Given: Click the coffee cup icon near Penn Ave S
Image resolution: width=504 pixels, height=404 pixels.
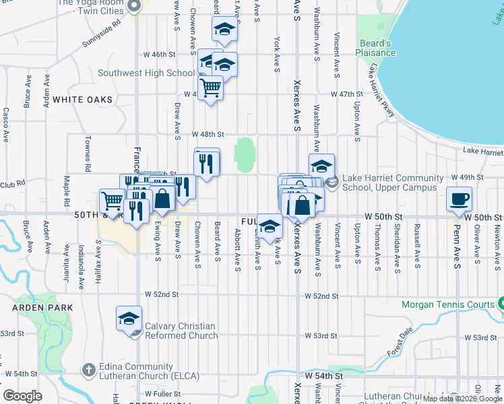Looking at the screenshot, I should coord(459,199).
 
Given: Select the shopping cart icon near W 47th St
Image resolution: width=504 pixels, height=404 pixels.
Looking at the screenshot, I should coord(211,88).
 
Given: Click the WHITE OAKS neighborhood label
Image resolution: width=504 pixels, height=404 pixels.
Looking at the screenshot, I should coord(82,100).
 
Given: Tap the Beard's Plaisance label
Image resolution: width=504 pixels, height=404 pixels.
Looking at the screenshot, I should coord(376,48).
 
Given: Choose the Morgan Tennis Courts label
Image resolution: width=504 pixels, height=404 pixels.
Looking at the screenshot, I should coord(448,304).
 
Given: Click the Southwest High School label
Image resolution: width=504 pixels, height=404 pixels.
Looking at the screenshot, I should coord(146,73).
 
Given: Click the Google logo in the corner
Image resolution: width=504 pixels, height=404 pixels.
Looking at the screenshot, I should coord(22,396).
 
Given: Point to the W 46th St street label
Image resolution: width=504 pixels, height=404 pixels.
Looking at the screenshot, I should coord(160,53).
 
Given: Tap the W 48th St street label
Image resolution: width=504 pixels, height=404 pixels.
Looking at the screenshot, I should coord(208,134).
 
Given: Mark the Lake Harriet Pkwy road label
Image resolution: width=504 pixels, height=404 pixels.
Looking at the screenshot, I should coord(381,87).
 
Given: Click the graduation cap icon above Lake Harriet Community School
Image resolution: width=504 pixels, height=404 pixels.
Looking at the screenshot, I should coord(322,165).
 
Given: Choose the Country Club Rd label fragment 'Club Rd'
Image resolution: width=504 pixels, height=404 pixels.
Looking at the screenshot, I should coord(12,182).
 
